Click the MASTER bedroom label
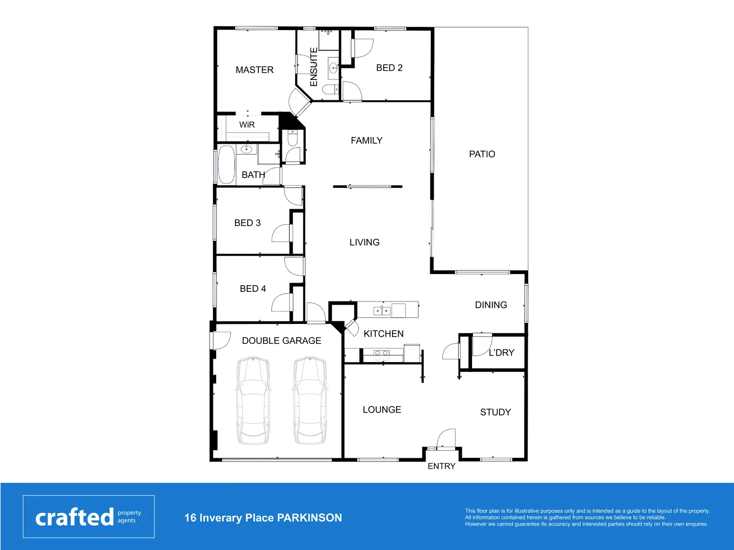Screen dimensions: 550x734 tap(254, 70)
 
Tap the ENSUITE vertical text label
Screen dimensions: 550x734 tap(313, 67)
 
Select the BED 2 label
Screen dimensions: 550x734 tap(389, 68)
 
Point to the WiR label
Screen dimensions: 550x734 tap(247, 125)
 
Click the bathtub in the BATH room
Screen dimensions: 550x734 tap(226, 165)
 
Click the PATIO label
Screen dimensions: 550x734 tap(482, 154)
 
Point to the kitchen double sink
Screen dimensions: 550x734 tap(382, 310)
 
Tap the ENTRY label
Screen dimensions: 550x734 tap(441, 466)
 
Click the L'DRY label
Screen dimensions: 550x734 tap(502, 352)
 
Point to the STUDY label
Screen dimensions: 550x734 tap(495, 412)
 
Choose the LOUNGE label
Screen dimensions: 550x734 tap(382, 409)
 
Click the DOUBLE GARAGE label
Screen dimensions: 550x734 tap(281, 341)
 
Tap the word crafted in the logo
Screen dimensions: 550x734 tap(74, 517)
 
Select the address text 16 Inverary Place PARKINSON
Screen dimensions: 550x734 tap(263, 518)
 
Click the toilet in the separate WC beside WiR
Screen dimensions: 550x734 tap(293, 138)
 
